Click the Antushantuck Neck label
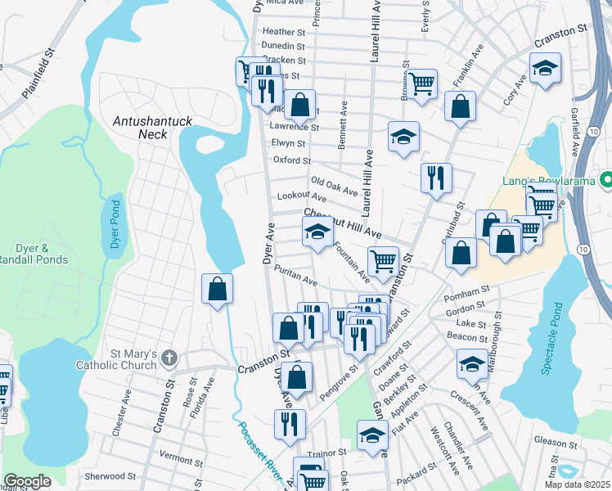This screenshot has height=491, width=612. click(153, 127)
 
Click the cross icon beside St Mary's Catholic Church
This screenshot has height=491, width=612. click(169, 358)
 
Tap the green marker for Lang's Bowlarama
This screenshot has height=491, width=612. click(605, 179)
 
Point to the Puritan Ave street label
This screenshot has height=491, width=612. click(296, 275)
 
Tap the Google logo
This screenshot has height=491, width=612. click(27, 481)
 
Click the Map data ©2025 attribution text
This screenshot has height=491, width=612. click(577, 484)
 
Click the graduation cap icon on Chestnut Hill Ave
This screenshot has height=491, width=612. click(317, 232)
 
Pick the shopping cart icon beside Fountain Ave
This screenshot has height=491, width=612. click(383, 262)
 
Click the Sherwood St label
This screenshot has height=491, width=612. click(110, 475)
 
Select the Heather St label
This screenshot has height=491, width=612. click(283, 32)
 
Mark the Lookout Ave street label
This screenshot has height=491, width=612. click(302, 197)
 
